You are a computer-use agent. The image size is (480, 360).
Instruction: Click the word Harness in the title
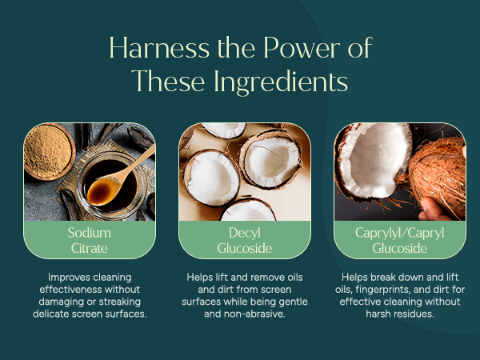(159, 48)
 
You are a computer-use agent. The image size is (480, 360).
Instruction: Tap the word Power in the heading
(302, 48)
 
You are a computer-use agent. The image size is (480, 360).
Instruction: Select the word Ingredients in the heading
(281, 82)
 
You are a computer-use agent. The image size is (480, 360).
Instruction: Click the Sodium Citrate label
(90, 240)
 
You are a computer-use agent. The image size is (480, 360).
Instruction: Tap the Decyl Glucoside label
(245, 240)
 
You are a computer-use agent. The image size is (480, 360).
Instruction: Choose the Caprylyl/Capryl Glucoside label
(400, 240)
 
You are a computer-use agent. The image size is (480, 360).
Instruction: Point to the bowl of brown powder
(49, 151)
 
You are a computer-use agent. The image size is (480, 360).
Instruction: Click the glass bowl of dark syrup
(111, 186)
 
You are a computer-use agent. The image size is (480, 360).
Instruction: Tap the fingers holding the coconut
(434, 210)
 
